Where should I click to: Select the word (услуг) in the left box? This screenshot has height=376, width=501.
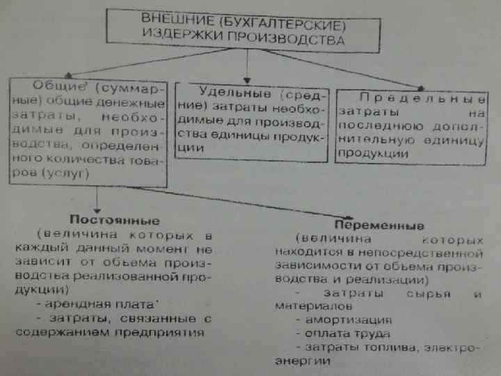coord(65,175)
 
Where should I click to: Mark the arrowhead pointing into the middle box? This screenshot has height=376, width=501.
coord(246,77)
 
